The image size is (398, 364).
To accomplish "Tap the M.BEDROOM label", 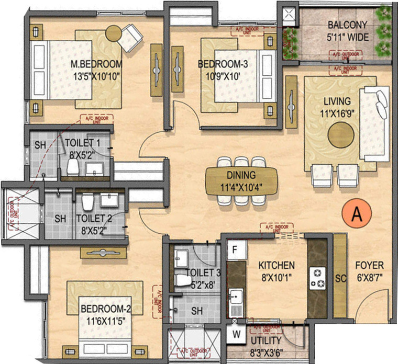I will (x=96, y=65).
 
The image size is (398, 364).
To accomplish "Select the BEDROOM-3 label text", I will (x=223, y=64).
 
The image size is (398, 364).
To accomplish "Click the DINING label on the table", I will (x=241, y=176).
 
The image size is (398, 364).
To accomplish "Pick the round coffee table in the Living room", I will (x=341, y=135).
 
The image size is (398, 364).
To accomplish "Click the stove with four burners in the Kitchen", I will (x=317, y=278).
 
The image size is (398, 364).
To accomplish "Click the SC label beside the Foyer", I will (x=340, y=279).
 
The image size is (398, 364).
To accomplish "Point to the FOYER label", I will (x=369, y=265).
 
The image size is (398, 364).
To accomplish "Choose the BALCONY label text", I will (x=347, y=25).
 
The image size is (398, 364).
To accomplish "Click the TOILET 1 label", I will (x=86, y=143).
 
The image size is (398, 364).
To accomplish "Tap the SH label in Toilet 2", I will (x=59, y=218).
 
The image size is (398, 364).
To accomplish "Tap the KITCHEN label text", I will (x=277, y=265).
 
